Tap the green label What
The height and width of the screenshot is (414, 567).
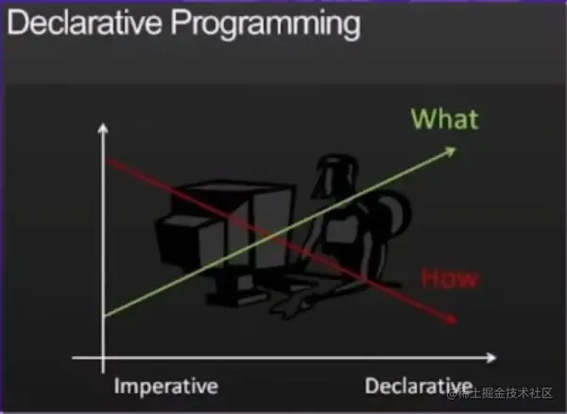coord(445,119)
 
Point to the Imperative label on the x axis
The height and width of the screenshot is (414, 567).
coord(165,386)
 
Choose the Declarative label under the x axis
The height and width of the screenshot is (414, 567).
coord(418,386)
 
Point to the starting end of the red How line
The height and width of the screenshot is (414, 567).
coord(112,161)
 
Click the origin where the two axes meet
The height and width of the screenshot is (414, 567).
coord(101,359)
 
